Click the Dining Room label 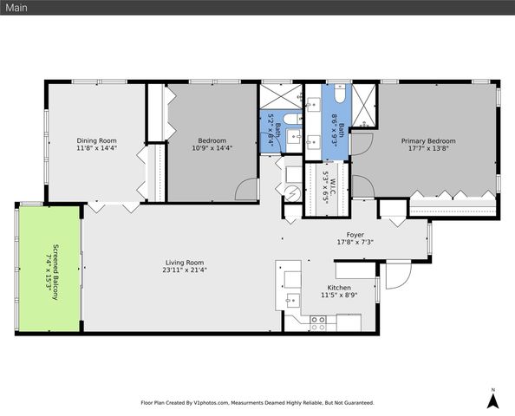[x=96, y=140]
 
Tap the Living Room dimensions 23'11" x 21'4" [x=185, y=270]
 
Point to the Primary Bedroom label [x=427, y=140]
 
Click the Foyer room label [x=355, y=234]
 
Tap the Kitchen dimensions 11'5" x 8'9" [x=338, y=296]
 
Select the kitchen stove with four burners [x=318, y=321]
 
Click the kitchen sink [x=290, y=302]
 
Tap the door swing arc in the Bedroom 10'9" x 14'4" [x=246, y=188]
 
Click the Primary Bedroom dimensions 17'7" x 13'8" [x=427, y=148]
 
